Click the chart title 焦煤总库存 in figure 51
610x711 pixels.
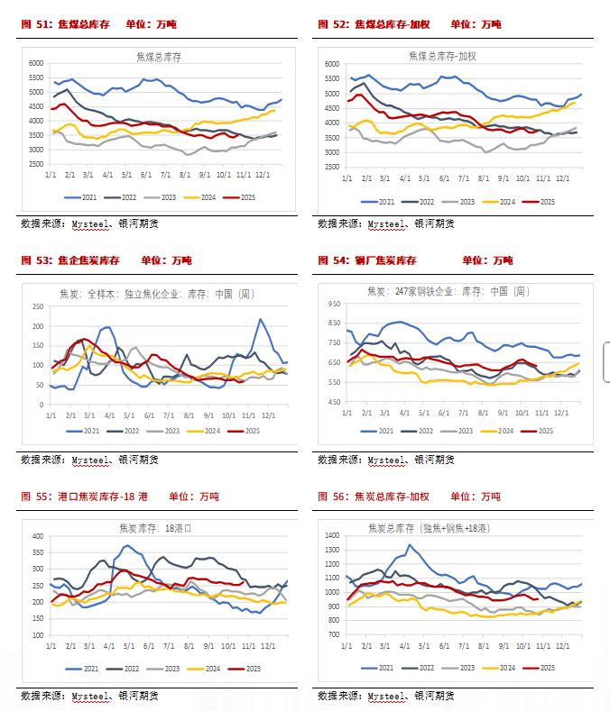(x=159, y=57)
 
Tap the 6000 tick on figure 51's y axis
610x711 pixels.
(x=36, y=64)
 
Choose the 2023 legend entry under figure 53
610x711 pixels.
(x=165, y=432)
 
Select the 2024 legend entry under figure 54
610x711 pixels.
(x=506, y=432)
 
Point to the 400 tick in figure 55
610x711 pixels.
(x=38, y=536)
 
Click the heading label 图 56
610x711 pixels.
(x=330, y=497)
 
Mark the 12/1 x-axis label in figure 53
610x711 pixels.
(x=268, y=415)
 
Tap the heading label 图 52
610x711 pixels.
(x=330, y=24)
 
